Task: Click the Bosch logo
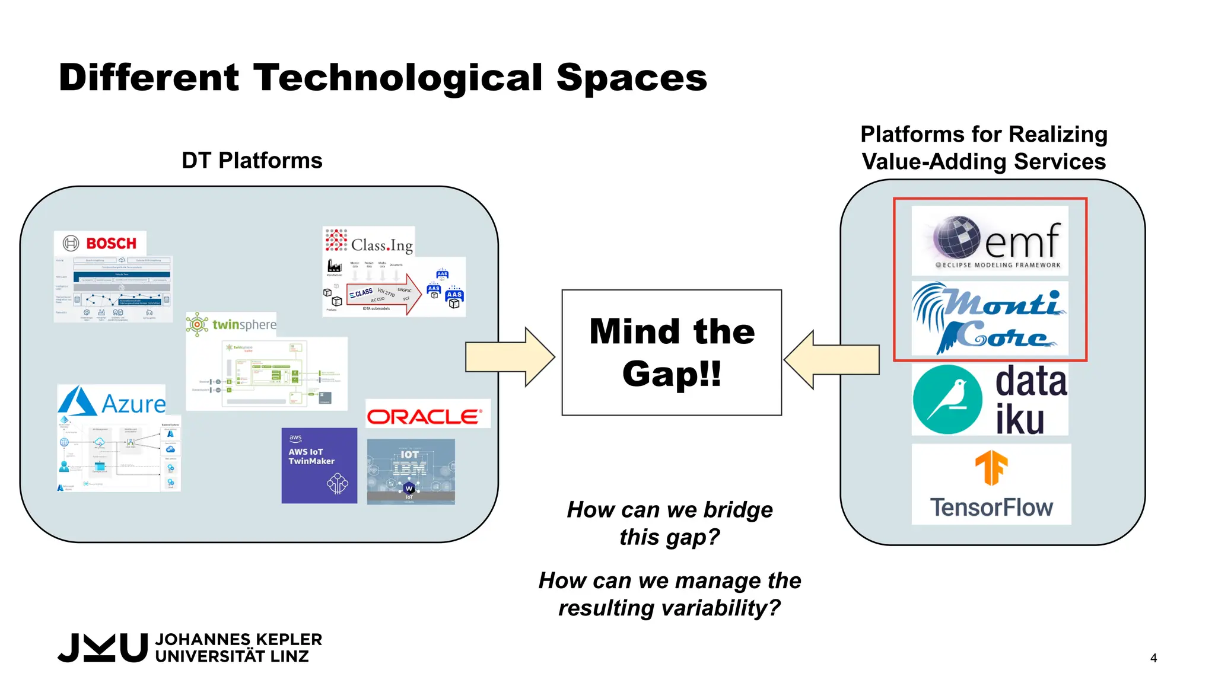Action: click(100, 243)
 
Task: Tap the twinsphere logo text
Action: click(244, 325)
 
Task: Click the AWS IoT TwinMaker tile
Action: click(319, 465)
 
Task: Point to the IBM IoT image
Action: click(411, 471)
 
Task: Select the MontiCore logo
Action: click(990, 320)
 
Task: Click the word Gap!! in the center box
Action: click(672, 374)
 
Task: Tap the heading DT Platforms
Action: click(252, 161)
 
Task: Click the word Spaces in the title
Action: click(631, 78)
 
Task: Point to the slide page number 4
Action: click(1153, 658)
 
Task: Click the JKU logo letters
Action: click(103, 647)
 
